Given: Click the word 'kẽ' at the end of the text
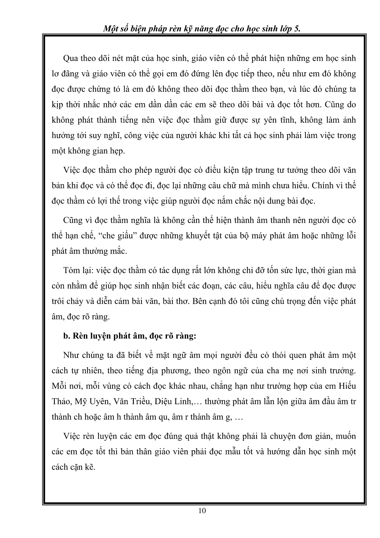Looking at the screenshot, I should (x=90, y=467).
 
